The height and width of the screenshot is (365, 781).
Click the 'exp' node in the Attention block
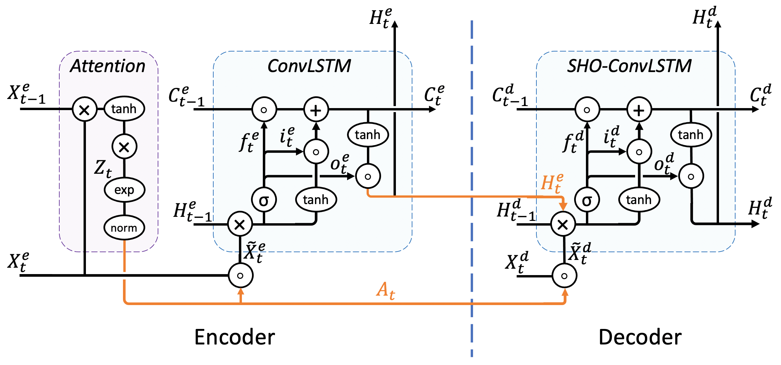tap(124, 190)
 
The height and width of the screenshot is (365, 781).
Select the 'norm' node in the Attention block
tap(124, 228)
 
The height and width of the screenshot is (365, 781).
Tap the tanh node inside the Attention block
tap(124, 109)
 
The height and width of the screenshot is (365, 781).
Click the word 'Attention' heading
tap(108, 66)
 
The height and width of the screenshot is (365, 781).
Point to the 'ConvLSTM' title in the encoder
tap(309, 66)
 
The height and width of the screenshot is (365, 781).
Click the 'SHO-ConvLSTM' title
tap(629, 66)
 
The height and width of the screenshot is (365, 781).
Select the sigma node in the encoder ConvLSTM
tap(264, 200)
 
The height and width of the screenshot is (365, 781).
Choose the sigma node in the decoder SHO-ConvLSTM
tap(587, 200)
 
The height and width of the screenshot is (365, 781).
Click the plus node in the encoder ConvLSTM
tap(316, 110)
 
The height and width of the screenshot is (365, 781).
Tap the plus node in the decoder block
tap(639, 110)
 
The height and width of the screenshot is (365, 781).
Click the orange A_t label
tap(385, 290)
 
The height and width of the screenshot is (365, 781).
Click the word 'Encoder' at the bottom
tap(235, 337)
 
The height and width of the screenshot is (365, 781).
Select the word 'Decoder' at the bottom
tap(640, 337)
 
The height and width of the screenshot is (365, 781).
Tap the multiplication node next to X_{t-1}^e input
tap(85, 109)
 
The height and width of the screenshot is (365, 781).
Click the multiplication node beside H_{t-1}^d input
tap(563, 224)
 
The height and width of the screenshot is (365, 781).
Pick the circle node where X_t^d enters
tap(564, 276)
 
